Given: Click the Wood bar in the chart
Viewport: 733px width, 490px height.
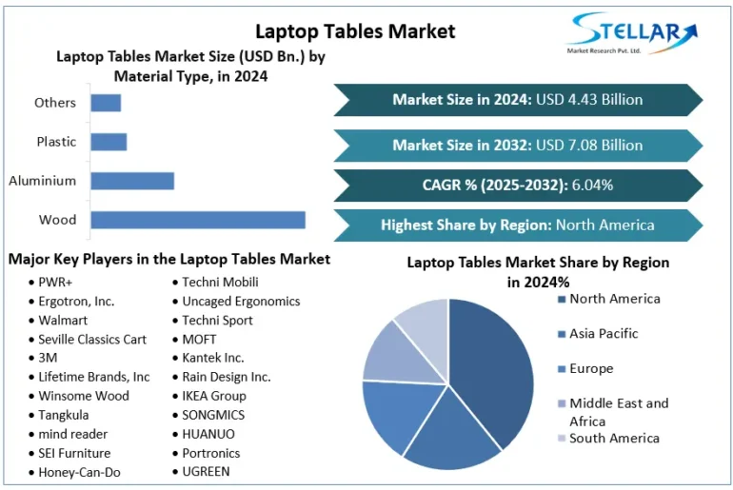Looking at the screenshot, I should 198,220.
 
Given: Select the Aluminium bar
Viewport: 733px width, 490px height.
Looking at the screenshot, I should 132,181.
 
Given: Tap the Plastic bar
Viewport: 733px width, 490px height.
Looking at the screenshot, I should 109,142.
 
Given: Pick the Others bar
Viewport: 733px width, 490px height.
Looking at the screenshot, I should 106,103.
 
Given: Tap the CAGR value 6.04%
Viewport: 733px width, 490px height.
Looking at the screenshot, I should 591,185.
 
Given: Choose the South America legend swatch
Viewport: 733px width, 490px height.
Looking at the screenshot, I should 561,439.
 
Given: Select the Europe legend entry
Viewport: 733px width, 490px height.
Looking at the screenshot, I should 591,369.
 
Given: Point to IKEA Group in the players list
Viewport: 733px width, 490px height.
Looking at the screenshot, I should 213,396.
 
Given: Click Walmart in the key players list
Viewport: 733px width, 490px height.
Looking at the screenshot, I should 63,320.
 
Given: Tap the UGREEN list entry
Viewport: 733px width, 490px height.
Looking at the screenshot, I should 206,471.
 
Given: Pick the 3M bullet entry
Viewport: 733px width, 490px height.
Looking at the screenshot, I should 48,358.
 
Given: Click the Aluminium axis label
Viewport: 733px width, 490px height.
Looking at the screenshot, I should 43,181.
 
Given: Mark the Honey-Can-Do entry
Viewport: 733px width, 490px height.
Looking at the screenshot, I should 79,472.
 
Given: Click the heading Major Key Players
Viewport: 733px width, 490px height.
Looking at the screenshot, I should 169,259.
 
